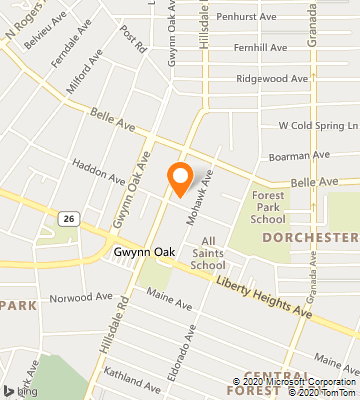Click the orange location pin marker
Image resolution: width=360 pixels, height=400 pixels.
click(180, 177)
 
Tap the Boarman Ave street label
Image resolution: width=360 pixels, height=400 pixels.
click(306, 155)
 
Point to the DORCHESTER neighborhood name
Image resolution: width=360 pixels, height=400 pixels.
click(311, 237)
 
